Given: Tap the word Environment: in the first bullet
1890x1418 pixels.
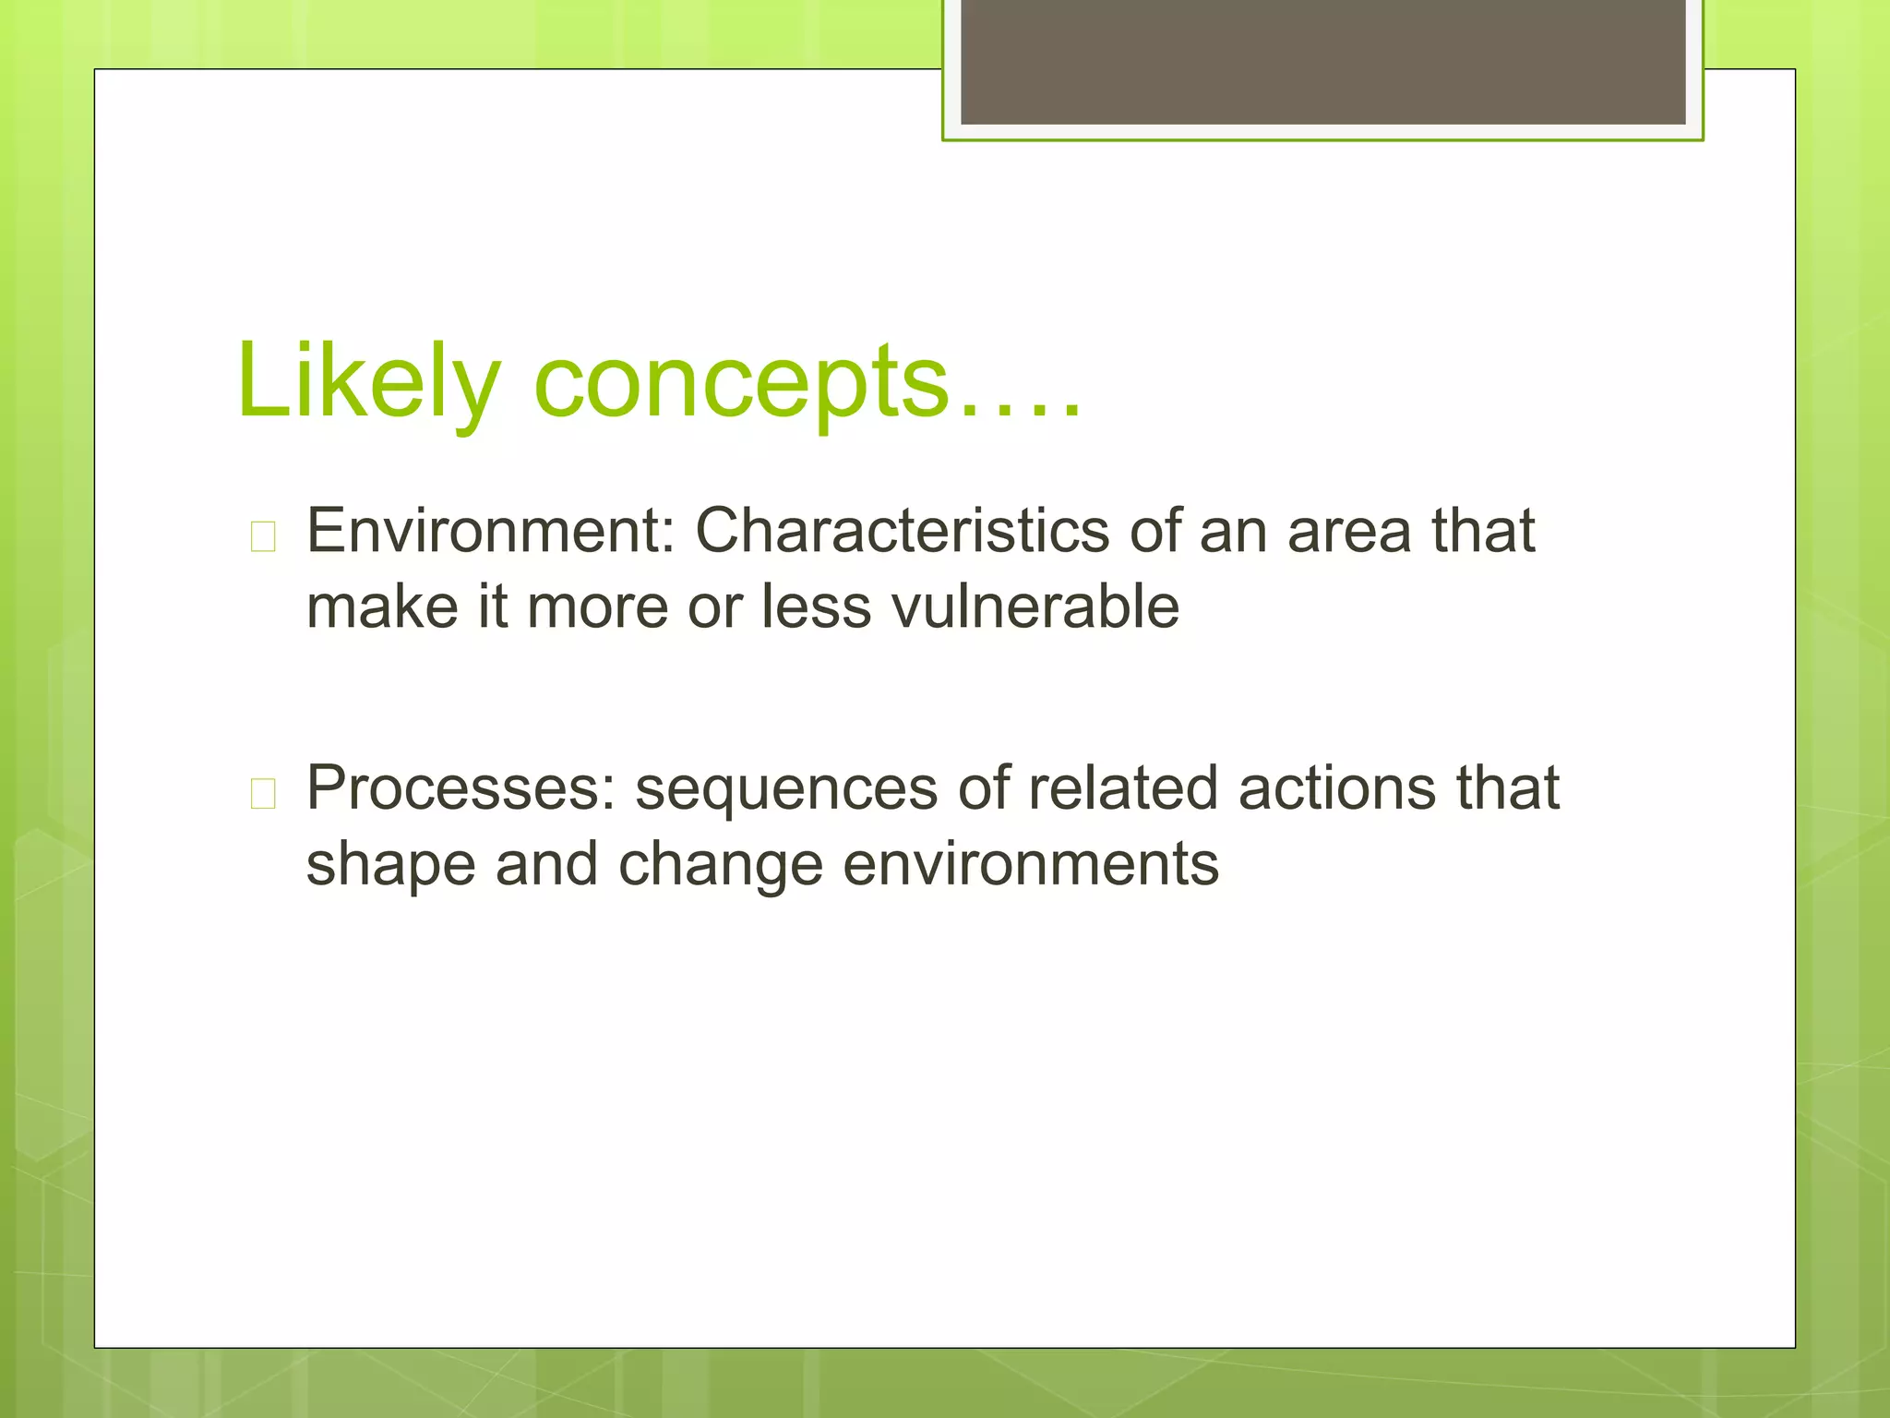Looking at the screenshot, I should [490, 532].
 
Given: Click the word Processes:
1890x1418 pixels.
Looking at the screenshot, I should [461, 788].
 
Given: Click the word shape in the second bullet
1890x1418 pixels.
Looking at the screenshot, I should [390, 866].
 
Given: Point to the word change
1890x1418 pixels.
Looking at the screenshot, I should [720, 866].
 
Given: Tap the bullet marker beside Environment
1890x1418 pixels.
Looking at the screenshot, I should [263, 536].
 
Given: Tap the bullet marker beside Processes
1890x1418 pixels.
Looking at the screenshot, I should [263, 793].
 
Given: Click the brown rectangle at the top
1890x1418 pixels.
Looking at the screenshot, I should [1322, 61].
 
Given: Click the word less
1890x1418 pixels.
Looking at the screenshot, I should [816, 607].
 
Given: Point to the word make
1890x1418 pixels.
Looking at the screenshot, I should [382, 607].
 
